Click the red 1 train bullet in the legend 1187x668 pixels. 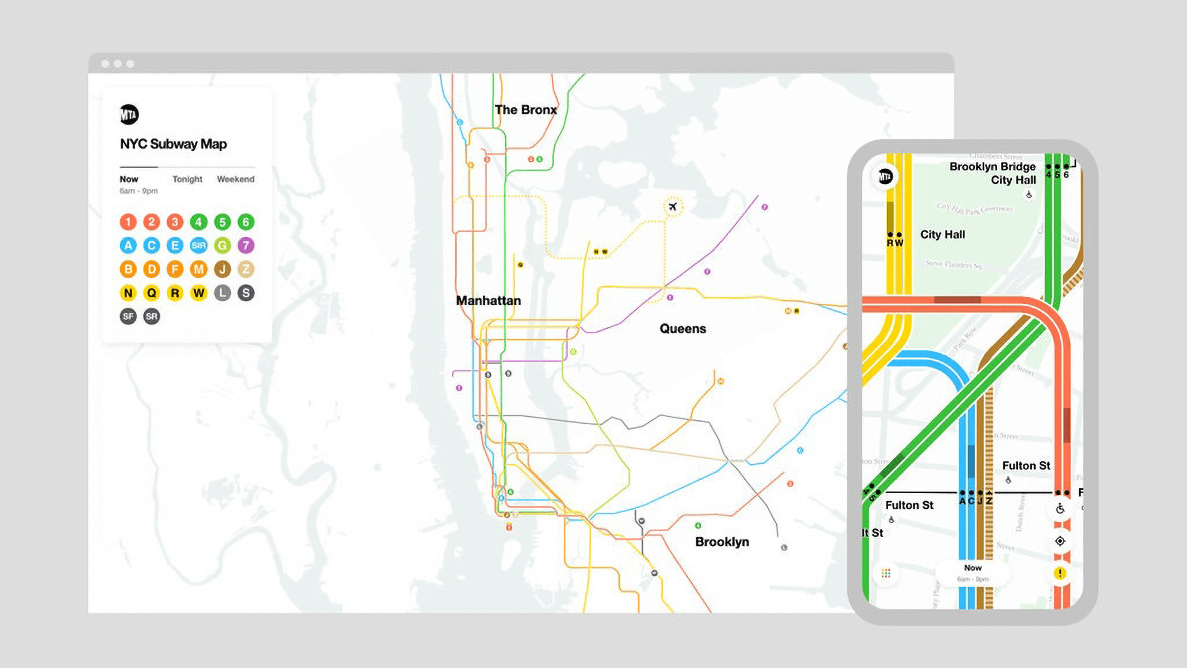[128, 222]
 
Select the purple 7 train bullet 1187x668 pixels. [245, 245]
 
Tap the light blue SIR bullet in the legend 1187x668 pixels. [199, 245]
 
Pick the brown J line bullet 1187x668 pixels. [222, 269]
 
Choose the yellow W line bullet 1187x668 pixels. [199, 293]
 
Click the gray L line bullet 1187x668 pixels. [222, 293]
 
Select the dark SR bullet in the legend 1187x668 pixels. [151, 316]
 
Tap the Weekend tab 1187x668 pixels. [235, 179]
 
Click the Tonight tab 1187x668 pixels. [187, 179]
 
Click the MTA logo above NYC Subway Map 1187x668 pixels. [129, 115]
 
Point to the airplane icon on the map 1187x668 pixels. [673, 207]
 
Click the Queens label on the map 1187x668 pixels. [683, 328]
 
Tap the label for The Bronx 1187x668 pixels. [525, 110]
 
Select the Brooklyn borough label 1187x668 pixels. [722, 542]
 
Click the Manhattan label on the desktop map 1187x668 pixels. [488, 301]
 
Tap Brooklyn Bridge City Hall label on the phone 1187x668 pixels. [992, 173]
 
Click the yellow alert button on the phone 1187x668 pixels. [1060, 573]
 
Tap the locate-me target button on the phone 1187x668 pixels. [1060, 541]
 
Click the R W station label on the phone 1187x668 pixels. [895, 243]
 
